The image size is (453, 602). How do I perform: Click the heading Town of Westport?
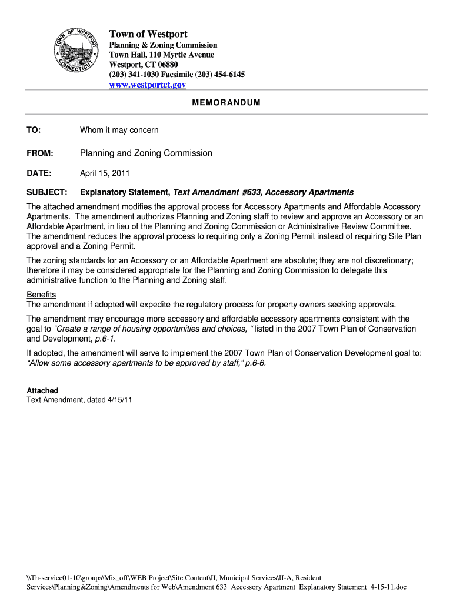[x=148, y=34]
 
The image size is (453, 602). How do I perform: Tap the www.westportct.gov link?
[x=148, y=85]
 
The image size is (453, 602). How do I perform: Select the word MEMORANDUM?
[x=226, y=102]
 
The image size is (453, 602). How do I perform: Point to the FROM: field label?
[x=40, y=153]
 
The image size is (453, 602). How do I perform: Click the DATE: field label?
[x=39, y=173]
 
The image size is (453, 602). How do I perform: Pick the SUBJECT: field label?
[x=47, y=192]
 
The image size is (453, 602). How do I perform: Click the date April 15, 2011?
[x=105, y=173]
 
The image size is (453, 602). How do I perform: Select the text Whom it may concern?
[x=119, y=129]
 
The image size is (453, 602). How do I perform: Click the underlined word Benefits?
[x=41, y=295]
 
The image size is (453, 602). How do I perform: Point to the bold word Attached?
[x=42, y=390]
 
